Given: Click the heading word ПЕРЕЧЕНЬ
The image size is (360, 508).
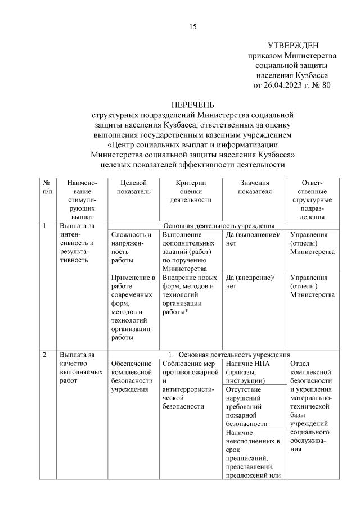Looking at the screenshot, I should (x=193, y=105).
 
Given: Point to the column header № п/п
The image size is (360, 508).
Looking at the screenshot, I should (x=47, y=188).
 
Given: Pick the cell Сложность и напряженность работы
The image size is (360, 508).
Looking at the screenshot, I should (x=131, y=247).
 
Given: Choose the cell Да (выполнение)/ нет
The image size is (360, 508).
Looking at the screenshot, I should (x=252, y=238).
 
